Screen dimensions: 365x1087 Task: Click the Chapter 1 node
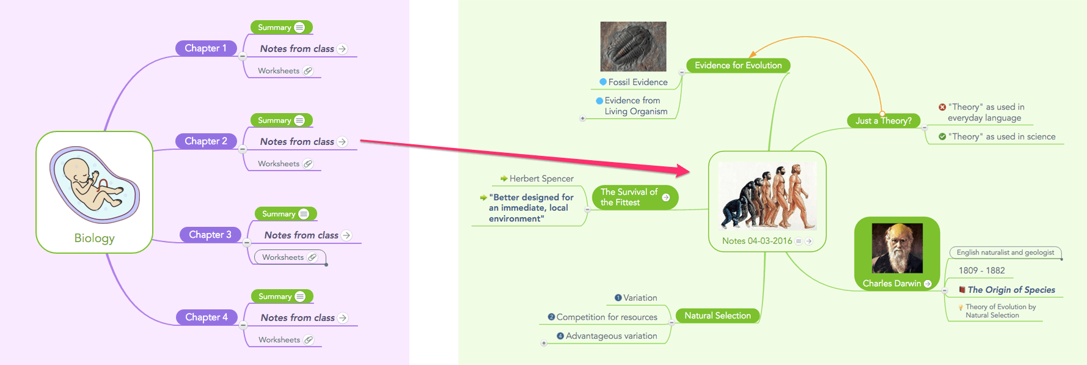[x=205, y=48]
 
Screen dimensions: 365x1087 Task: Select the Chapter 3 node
[x=210, y=235]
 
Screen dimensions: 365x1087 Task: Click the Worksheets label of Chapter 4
[x=279, y=340]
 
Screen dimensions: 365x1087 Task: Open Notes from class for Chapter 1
[x=297, y=49]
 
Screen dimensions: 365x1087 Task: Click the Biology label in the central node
[x=94, y=238]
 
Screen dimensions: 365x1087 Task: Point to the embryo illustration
[x=94, y=183]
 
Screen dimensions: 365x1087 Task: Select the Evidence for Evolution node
[x=738, y=65]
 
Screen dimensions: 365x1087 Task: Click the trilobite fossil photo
[x=633, y=46]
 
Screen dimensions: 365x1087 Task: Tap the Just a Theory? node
[x=883, y=121]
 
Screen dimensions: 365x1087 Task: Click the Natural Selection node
[x=717, y=316]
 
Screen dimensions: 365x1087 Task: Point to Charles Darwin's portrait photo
[x=897, y=248]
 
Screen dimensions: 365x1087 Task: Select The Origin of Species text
[x=1011, y=290]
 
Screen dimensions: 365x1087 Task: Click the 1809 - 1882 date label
[x=981, y=270]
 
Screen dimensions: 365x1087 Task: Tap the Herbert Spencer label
[x=541, y=179]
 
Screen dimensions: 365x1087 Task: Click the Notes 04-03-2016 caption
[x=757, y=241]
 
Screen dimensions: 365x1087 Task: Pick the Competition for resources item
[x=607, y=317]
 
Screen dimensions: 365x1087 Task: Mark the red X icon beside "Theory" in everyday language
[x=942, y=107]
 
